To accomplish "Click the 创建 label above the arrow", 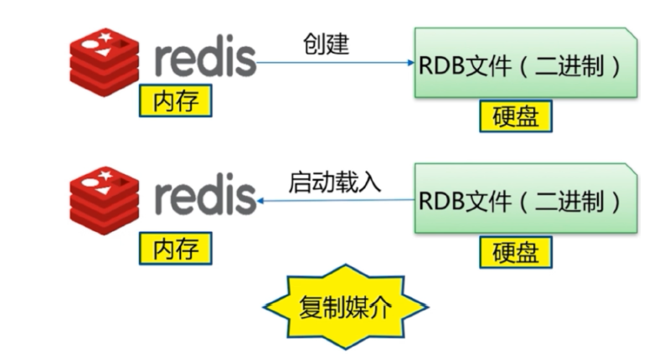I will (x=326, y=44).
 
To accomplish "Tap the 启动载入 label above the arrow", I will (x=334, y=181).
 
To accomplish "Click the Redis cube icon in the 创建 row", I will (x=104, y=61).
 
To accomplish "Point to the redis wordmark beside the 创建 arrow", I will (x=204, y=60).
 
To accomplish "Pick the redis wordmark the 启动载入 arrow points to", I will (x=204, y=198).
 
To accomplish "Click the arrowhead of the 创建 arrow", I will (x=411, y=63).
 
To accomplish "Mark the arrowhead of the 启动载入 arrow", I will (x=261, y=201).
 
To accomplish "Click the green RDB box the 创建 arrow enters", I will (x=524, y=64).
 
